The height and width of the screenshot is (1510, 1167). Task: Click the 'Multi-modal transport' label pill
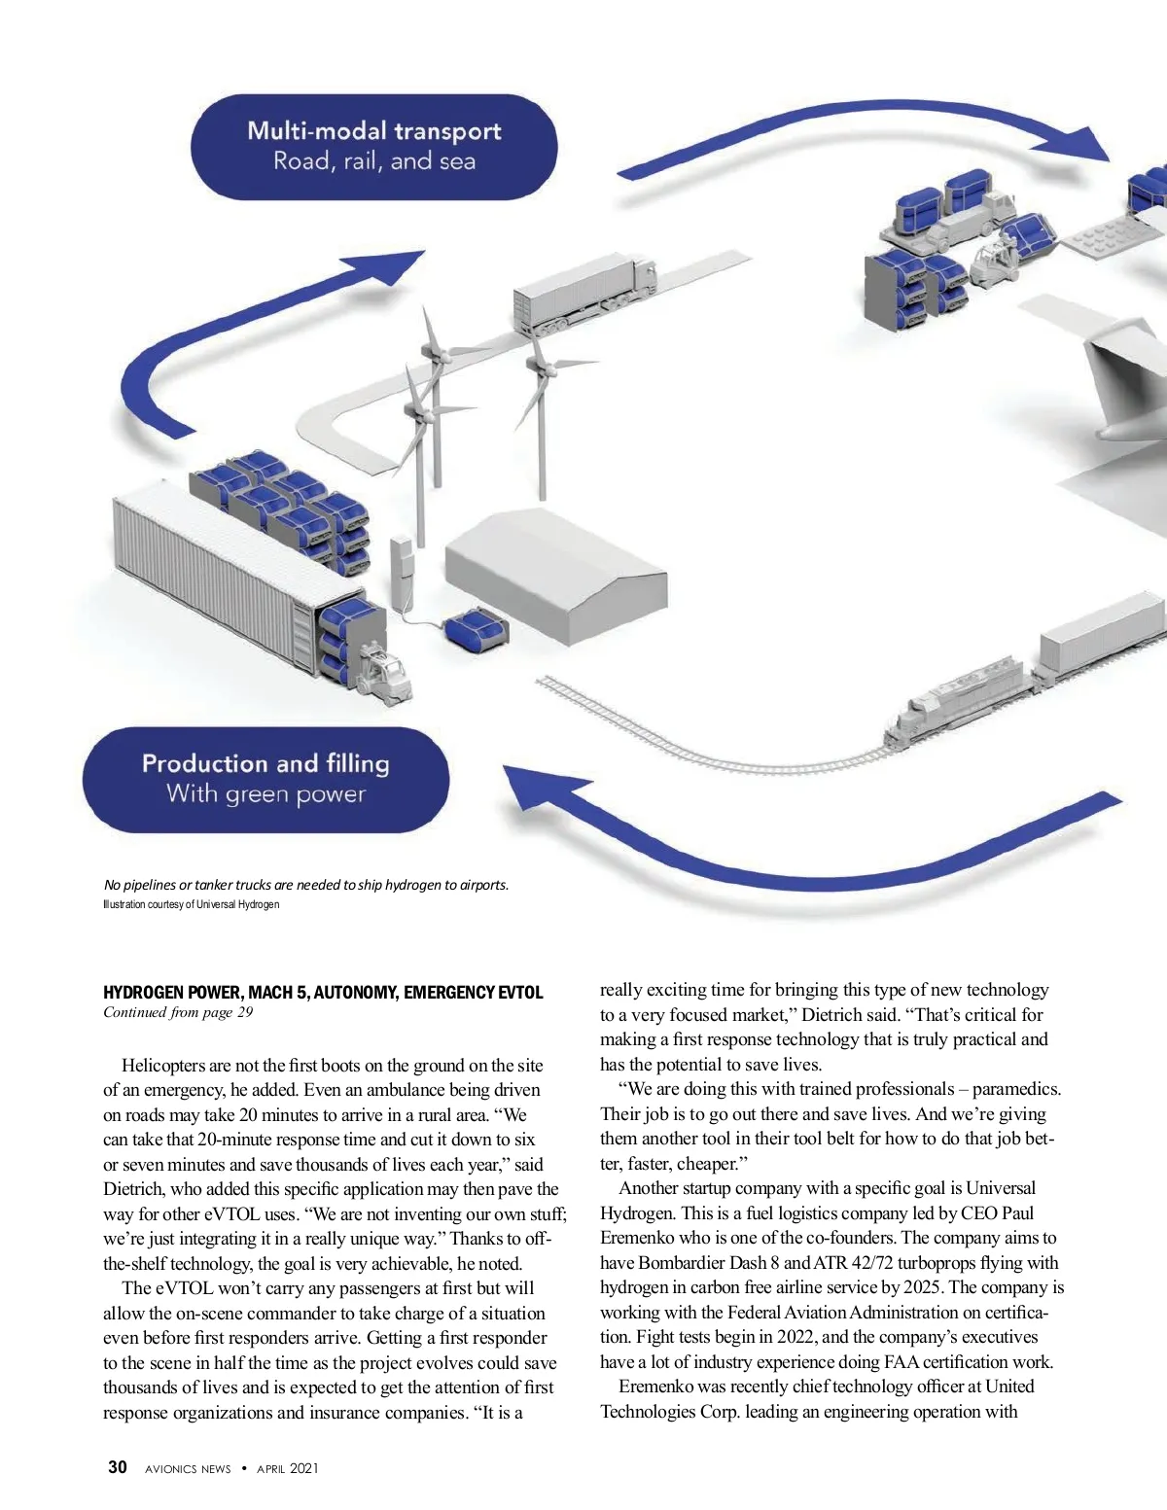pos(373,147)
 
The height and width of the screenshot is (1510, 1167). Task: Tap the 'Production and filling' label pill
pos(265,779)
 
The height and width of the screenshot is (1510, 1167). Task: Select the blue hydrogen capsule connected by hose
pos(475,629)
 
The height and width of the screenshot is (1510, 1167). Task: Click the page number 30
pos(117,1467)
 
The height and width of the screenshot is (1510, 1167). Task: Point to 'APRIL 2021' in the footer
pos(287,1469)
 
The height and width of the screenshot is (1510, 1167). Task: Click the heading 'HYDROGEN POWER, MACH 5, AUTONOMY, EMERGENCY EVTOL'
pos(323,993)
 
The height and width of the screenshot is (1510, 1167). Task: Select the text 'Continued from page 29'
pos(178,1013)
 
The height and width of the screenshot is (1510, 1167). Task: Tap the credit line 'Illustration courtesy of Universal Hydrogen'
pos(192,905)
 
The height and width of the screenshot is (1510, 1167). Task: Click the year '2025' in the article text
pos(922,1287)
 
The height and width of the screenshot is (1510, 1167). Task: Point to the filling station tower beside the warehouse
pos(401,573)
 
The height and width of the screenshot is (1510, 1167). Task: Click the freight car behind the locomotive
pos(1099,635)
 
